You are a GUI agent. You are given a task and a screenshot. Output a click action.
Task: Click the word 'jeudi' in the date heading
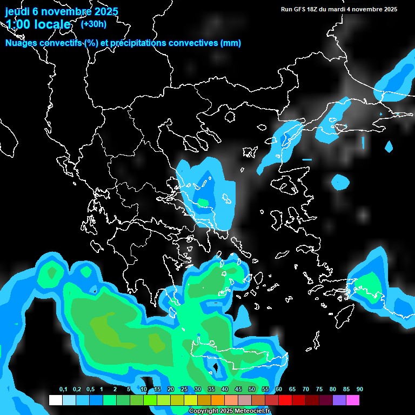17,11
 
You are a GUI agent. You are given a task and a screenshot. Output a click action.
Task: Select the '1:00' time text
19,25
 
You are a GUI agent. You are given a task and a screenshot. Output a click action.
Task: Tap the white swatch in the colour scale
55,400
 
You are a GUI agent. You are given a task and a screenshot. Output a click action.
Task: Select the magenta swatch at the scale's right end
353,400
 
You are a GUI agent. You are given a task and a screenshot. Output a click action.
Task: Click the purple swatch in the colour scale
339,400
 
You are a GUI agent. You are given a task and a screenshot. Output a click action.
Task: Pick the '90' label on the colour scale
359,389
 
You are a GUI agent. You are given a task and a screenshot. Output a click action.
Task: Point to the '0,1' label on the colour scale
63,389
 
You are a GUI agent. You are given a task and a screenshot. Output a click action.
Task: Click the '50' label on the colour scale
252,389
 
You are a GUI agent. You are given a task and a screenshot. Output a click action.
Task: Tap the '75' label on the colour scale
319,389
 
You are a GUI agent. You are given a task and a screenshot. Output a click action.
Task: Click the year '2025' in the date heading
102,11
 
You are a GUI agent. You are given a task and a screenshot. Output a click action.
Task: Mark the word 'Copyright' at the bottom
202,411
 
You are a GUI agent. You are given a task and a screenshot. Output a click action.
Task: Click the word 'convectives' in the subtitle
194,43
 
